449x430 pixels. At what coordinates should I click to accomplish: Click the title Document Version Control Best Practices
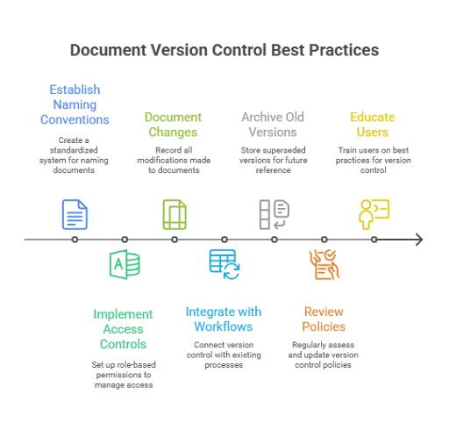pos(224,50)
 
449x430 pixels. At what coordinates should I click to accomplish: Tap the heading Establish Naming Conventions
pos(75,104)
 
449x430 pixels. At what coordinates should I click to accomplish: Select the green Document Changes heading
pos(173,125)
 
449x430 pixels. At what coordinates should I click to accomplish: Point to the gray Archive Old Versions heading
pos(273,125)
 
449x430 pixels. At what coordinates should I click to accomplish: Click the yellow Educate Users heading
pos(373,125)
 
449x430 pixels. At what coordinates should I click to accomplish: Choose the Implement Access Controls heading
pos(123,329)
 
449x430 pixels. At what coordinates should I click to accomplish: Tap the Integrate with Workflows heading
pos(224,319)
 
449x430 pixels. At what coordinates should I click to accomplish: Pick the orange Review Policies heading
pos(324,319)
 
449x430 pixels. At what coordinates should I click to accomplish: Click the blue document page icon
pos(75,214)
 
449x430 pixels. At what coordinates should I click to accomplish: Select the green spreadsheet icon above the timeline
pos(175,214)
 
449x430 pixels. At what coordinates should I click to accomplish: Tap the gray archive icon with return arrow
pos(274,214)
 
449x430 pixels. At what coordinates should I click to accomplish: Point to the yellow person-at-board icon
pos(374,214)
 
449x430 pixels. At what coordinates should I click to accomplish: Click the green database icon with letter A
pos(125,264)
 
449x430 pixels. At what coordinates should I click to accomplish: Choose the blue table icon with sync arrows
pos(224,264)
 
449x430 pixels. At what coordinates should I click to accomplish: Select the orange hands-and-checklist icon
pos(324,264)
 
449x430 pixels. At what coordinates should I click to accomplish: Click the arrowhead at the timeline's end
pos(419,240)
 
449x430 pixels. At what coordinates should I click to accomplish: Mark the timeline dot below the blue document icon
pos(75,240)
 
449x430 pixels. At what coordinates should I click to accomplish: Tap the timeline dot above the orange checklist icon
pos(324,240)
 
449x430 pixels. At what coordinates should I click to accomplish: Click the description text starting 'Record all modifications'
pos(174,160)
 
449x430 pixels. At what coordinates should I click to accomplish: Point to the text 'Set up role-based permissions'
pos(124,369)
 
